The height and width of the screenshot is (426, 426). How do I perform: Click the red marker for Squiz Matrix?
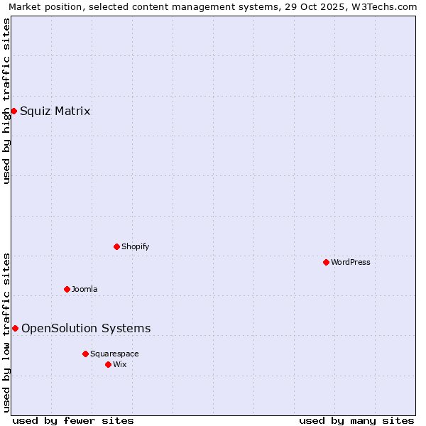click(x=13, y=111)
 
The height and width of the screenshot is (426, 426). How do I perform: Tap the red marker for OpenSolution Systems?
click(x=15, y=328)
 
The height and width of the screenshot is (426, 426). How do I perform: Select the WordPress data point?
click(x=326, y=262)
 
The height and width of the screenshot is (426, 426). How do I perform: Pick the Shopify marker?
click(x=116, y=246)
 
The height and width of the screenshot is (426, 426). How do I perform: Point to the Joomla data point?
click(x=67, y=289)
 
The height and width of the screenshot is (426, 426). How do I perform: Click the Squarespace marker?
click(x=85, y=354)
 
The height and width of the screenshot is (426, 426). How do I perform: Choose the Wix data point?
click(x=108, y=364)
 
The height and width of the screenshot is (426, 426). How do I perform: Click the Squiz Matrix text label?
click(x=55, y=111)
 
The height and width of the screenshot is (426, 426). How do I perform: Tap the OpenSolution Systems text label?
click(x=86, y=328)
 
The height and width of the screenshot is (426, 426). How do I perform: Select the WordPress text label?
click(x=351, y=262)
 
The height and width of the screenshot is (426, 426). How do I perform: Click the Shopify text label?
click(x=135, y=246)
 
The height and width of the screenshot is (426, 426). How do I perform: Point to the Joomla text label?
click(x=84, y=289)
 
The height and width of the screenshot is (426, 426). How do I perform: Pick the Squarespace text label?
click(x=114, y=354)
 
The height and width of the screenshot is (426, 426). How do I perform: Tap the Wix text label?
click(x=119, y=364)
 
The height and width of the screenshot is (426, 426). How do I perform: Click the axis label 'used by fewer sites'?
click(x=73, y=420)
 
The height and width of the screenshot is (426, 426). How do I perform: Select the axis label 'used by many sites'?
click(x=356, y=420)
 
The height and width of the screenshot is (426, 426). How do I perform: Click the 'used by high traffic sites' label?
click(x=6, y=101)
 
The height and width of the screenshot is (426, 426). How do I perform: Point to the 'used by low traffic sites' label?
click(x=6, y=332)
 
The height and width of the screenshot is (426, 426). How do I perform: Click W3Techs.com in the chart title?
click(x=387, y=6)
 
